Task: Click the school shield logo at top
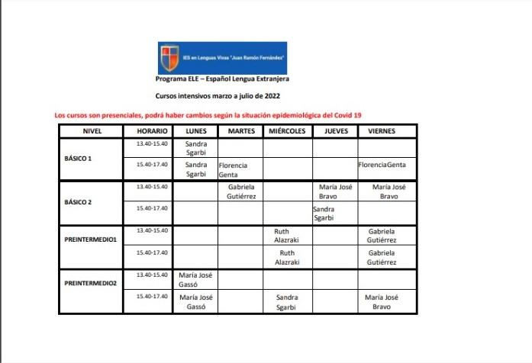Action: pyautogui.click(x=167, y=58)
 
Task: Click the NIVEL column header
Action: pyautogui.click(x=92, y=131)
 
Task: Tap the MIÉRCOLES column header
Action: pyautogui.click(x=287, y=131)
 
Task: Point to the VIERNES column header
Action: pyautogui.click(x=382, y=131)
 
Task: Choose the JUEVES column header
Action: pyautogui.click(x=335, y=131)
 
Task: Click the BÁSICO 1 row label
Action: pyautogui.click(x=79, y=159)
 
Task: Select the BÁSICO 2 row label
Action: pyautogui.click(x=79, y=202)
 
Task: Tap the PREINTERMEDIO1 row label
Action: pyautogui.click(x=90, y=239)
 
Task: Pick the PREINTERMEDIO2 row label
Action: pyautogui.click(x=90, y=283)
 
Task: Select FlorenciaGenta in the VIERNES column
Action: pyautogui.click(x=382, y=165)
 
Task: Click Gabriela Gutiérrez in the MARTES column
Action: pyautogui.click(x=240, y=191)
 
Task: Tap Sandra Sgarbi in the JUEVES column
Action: pyautogui.click(x=324, y=213)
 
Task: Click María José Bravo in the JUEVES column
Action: pyautogui.click(x=335, y=191)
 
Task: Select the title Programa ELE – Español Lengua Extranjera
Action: pyautogui.click(x=222, y=79)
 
